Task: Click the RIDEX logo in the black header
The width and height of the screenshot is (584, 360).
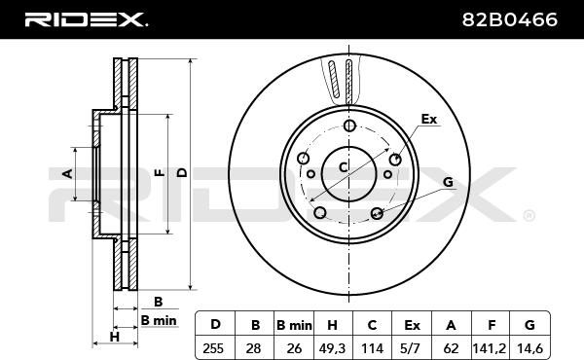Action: pyautogui.click(x=86, y=19)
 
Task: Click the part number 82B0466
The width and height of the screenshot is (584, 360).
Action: pyautogui.click(x=509, y=19)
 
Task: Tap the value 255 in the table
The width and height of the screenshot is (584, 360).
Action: pyautogui.click(x=213, y=348)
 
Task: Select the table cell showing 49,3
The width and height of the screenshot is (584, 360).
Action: pyautogui.click(x=332, y=348)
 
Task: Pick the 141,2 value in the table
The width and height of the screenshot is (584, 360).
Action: pyautogui.click(x=490, y=348)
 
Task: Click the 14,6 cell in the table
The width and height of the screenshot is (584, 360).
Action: pyautogui.click(x=529, y=348)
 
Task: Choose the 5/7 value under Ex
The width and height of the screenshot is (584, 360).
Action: pyautogui.click(x=412, y=348)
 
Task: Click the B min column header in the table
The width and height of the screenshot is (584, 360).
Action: pyautogui.click(x=294, y=325)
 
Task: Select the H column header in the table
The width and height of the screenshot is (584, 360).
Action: pyautogui.click(x=332, y=325)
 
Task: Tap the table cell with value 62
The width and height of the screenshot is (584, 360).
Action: pyautogui.click(x=451, y=348)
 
